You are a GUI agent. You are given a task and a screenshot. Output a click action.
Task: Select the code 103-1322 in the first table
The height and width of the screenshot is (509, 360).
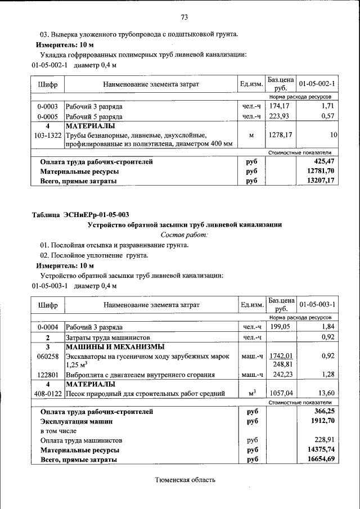[47, 136]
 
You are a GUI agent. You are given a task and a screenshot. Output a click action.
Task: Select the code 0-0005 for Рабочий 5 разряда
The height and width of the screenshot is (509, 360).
[47, 116]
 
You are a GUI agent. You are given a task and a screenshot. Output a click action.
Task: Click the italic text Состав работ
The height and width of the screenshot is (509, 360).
[184, 234]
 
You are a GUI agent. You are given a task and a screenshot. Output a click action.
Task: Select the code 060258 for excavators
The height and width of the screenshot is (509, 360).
[47, 357]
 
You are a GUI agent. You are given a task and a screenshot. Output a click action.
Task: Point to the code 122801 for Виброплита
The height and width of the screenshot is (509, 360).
[47, 375]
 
